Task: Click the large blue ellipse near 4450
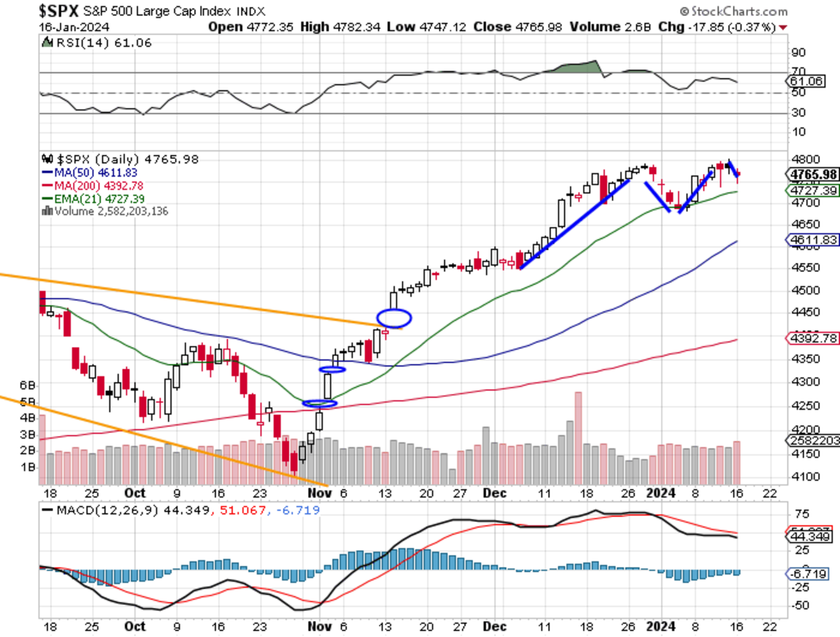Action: pyautogui.click(x=394, y=318)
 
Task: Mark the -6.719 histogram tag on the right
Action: pyautogui.click(x=811, y=573)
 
